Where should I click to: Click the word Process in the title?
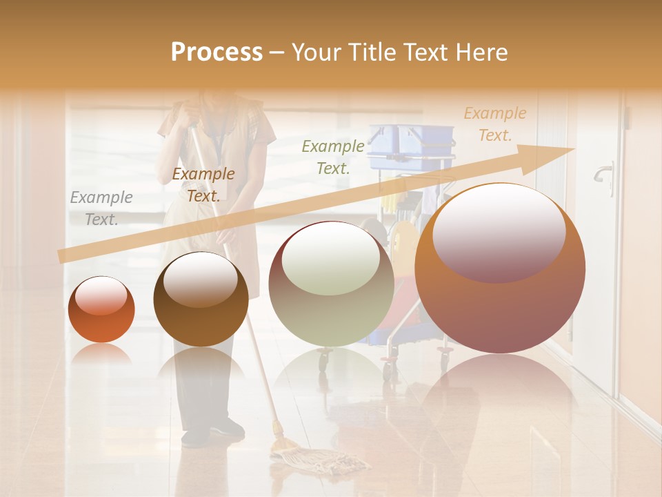tap(217, 52)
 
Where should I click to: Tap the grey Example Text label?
tap(101, 208)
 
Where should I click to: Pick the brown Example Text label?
tap(203, 184)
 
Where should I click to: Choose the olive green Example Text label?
tap(333, 157)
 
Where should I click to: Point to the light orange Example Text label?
tap(494, 124)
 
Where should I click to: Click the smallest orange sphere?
tap(101, 310)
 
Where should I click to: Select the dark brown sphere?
tap(201, 300)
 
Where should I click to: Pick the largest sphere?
tap(500, 269)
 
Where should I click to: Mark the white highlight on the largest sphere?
tap(499, 231)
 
